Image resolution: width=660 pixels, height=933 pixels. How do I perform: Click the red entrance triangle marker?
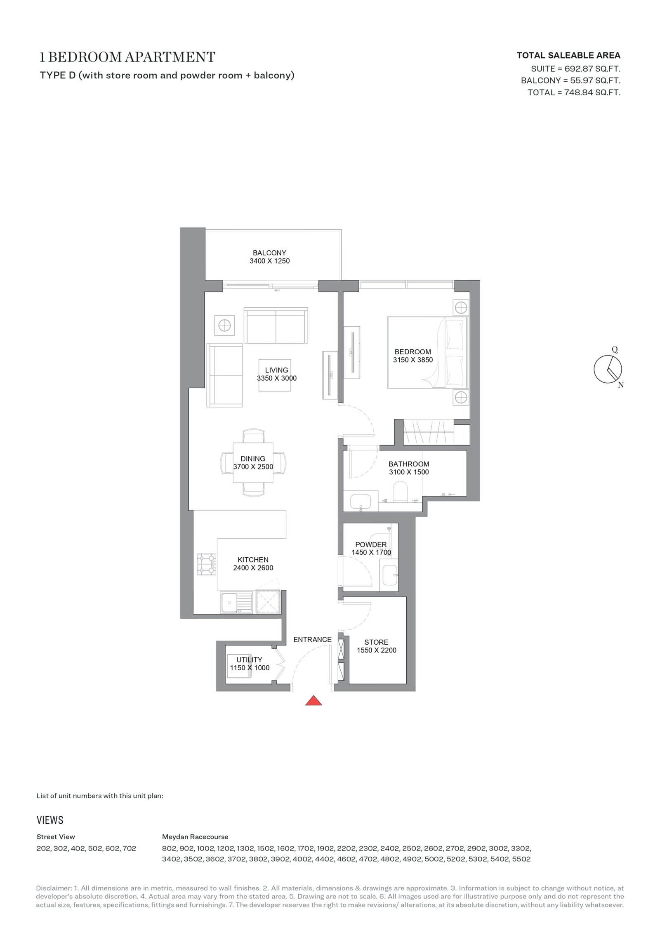pyautogui.click(x=313, y=700)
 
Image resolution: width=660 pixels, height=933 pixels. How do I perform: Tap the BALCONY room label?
pyautogui.click(x=269, y=253)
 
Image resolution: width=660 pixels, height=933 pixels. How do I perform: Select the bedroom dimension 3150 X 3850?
pyautogui.click(x=413, y=360)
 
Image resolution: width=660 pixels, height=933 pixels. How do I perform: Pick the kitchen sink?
pyautogui.click(x=236, y=603)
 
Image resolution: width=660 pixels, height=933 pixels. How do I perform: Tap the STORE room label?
pyautogui.click(x=376, y=642)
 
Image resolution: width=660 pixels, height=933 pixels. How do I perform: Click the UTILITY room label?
pyautogui.click(x=249, y=660)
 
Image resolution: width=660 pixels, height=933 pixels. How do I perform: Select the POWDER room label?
pyautogui.click(x=371, y=544)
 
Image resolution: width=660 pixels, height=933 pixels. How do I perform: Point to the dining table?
pyautogui.click(x=253, y=462)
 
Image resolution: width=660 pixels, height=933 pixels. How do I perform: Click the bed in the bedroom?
pyautogui.click(x=427, y=352)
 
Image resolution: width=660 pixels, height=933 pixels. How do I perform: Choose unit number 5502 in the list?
pyautogui.click(x=521, y=859)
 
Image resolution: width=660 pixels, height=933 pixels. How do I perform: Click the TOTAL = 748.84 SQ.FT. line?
pyautogui.click(x=574, y=92)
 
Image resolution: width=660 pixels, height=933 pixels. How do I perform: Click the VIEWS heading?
pyautogui.click(x=50, y=820)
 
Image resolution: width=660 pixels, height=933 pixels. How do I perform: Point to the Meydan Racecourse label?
pyautogui.click(x=195, y=837)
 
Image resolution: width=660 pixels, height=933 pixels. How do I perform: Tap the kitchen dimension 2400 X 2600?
pyautogui.click(x=253, y=568)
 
